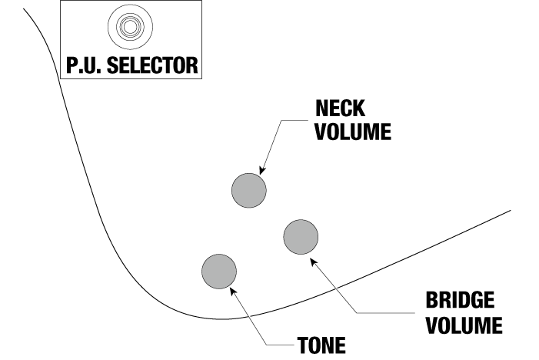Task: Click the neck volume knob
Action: tap(249, 189)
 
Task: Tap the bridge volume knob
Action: tap(301, 236)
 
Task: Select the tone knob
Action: tap(218, 270)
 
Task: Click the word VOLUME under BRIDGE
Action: tap(464, 324)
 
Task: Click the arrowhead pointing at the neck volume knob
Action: tap(263, 170)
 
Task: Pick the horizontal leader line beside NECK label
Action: tap(296, 120)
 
